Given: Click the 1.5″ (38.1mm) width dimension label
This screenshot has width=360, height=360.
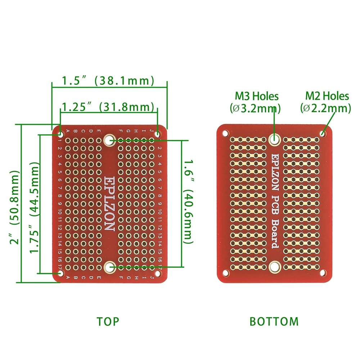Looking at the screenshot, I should pos(108,80).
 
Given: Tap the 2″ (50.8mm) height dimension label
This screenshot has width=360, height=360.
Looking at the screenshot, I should pos(15,204).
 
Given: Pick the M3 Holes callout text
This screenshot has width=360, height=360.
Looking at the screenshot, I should pos(256,102).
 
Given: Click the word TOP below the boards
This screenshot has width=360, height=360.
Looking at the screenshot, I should pos(108,321).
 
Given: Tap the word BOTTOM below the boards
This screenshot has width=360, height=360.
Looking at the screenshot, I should pos(274,321).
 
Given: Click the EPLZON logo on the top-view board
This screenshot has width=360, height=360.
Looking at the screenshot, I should pos(109,203).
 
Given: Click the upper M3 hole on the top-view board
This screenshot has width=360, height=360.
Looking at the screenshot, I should pos(109,140).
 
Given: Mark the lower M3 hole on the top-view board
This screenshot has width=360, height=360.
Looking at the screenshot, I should pos(109,267).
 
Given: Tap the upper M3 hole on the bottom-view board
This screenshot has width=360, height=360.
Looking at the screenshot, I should pos(274,139).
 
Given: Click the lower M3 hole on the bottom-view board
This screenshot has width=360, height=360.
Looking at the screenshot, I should pos(274,267).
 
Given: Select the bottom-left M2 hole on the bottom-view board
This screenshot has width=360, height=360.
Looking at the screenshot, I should pos(226,273).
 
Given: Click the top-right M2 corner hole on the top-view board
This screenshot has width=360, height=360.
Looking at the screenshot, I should pos(157,134).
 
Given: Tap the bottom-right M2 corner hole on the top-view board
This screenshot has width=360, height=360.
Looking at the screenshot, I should pos(157,273).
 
